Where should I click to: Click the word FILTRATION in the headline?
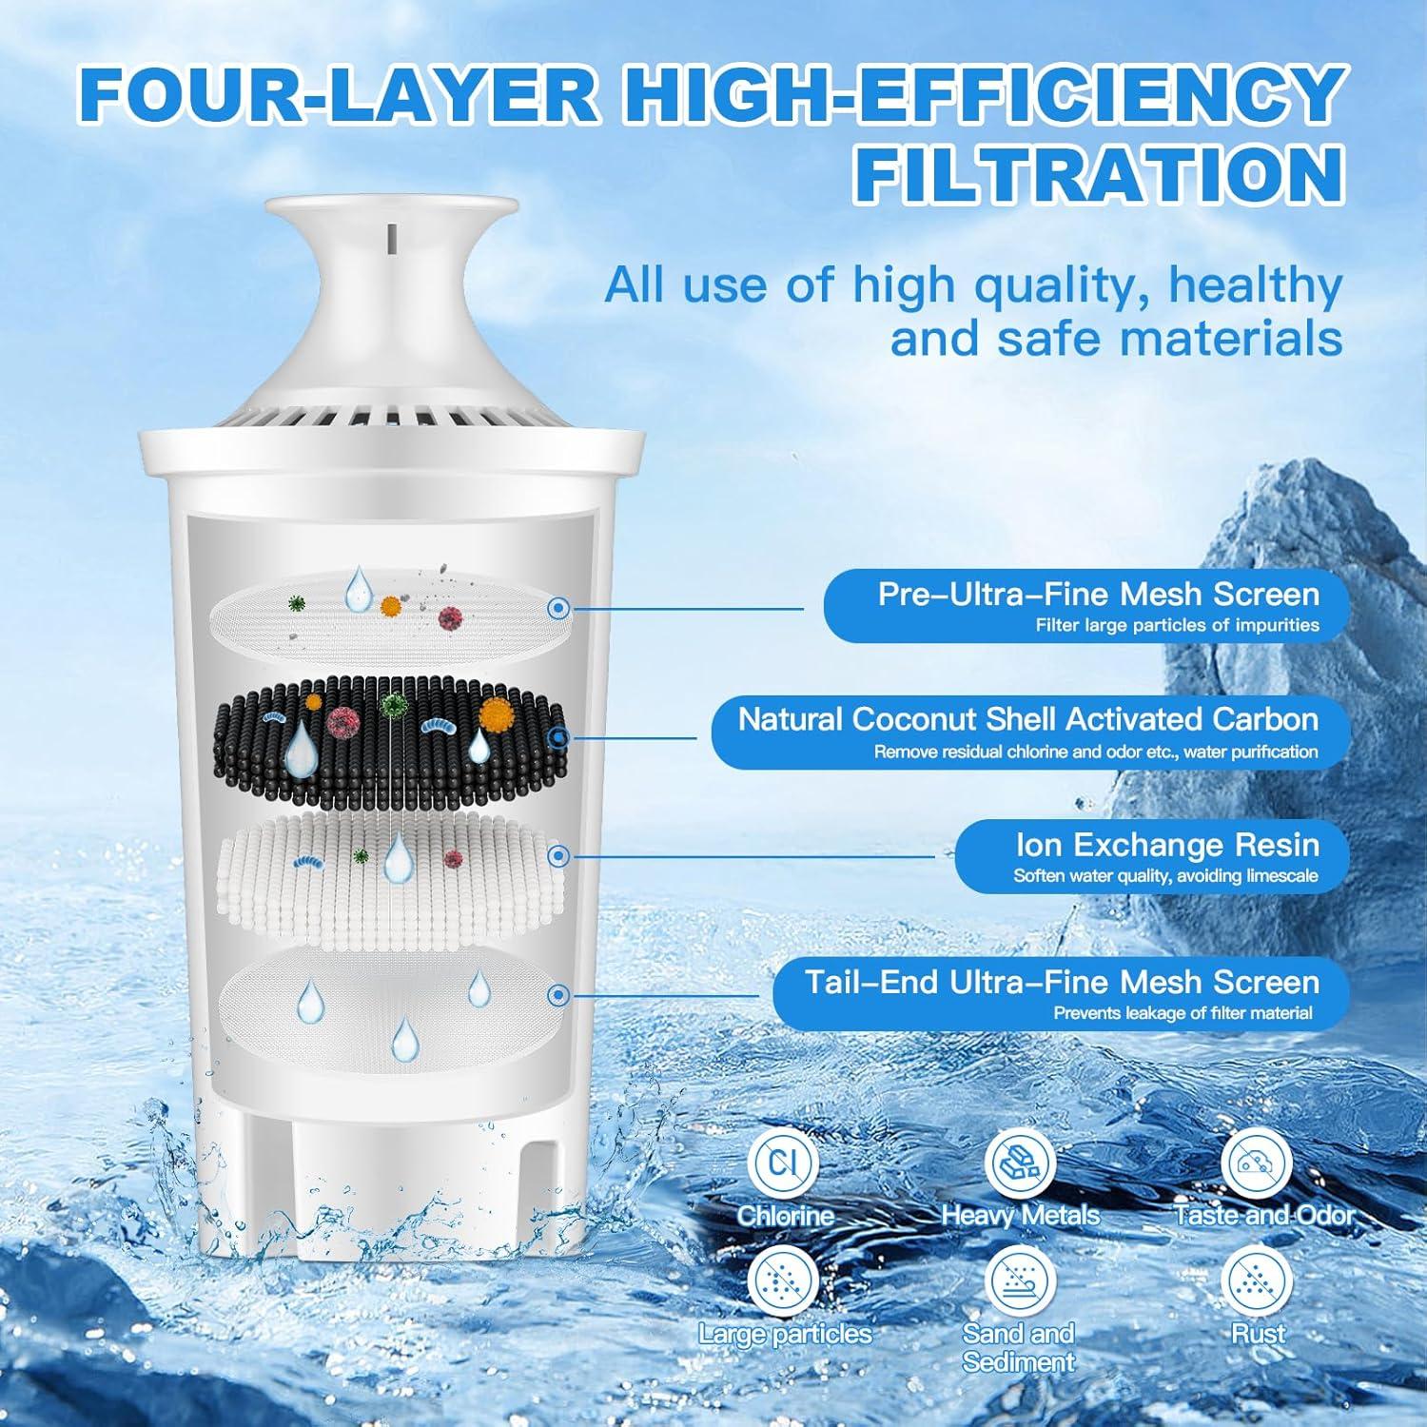coord(1099,174)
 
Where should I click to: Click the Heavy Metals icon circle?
coord(1018,1163)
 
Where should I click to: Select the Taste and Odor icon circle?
coord(1257,1163)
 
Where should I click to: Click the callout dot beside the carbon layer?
coord(560,736)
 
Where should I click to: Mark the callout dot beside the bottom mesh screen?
coord(560,995)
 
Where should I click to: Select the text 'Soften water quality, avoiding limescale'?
coord(1165,876)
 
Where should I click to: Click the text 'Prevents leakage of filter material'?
coord(1183,1013)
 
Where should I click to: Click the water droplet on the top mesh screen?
coord(359,589)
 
